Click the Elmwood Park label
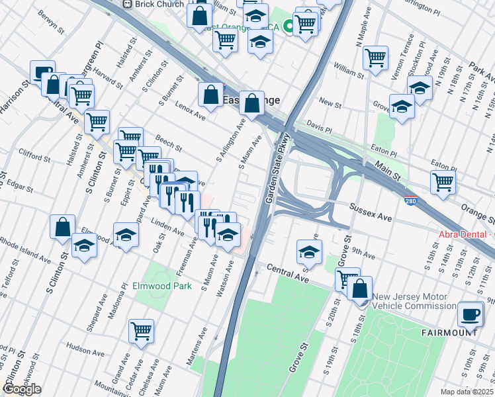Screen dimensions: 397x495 [x=162, y=287]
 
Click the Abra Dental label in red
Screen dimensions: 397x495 [x=466, y=235]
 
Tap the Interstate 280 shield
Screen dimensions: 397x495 [x=412, y=199]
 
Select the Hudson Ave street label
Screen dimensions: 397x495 [x=83, y=347]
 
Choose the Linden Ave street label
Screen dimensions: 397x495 [x=167, y=227]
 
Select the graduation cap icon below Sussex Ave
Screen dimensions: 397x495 [x=309, y=251]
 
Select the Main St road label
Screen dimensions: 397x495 [x=388, y=175]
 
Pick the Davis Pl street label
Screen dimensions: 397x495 [x=318, y=125]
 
